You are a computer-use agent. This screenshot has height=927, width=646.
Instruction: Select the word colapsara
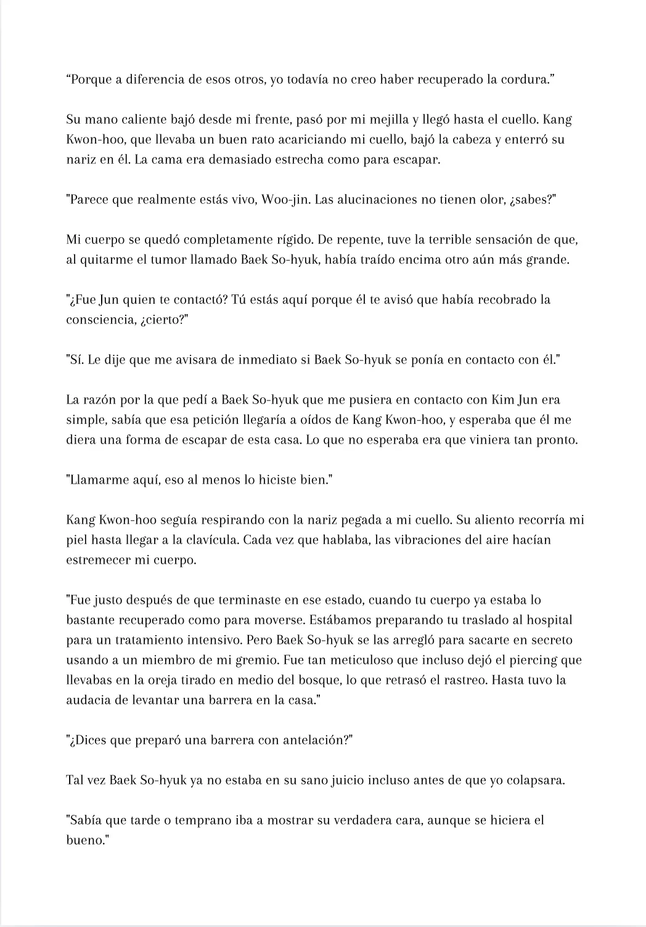pyautogui.click(x=536, y=780)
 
